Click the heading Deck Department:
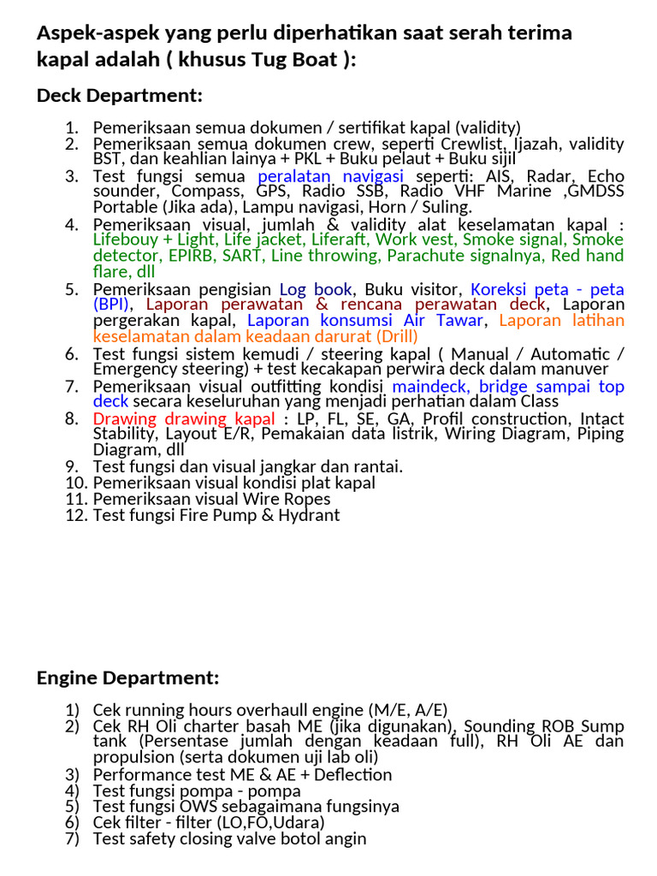click(119, 95)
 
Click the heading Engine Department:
click(127, 678)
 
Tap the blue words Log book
click(316, 288)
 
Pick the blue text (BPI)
click(111, 304)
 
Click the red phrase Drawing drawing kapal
click(184, 418)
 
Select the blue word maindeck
click(429, 386)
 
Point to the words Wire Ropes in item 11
click(287, 499)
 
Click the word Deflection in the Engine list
click(352, 774)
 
